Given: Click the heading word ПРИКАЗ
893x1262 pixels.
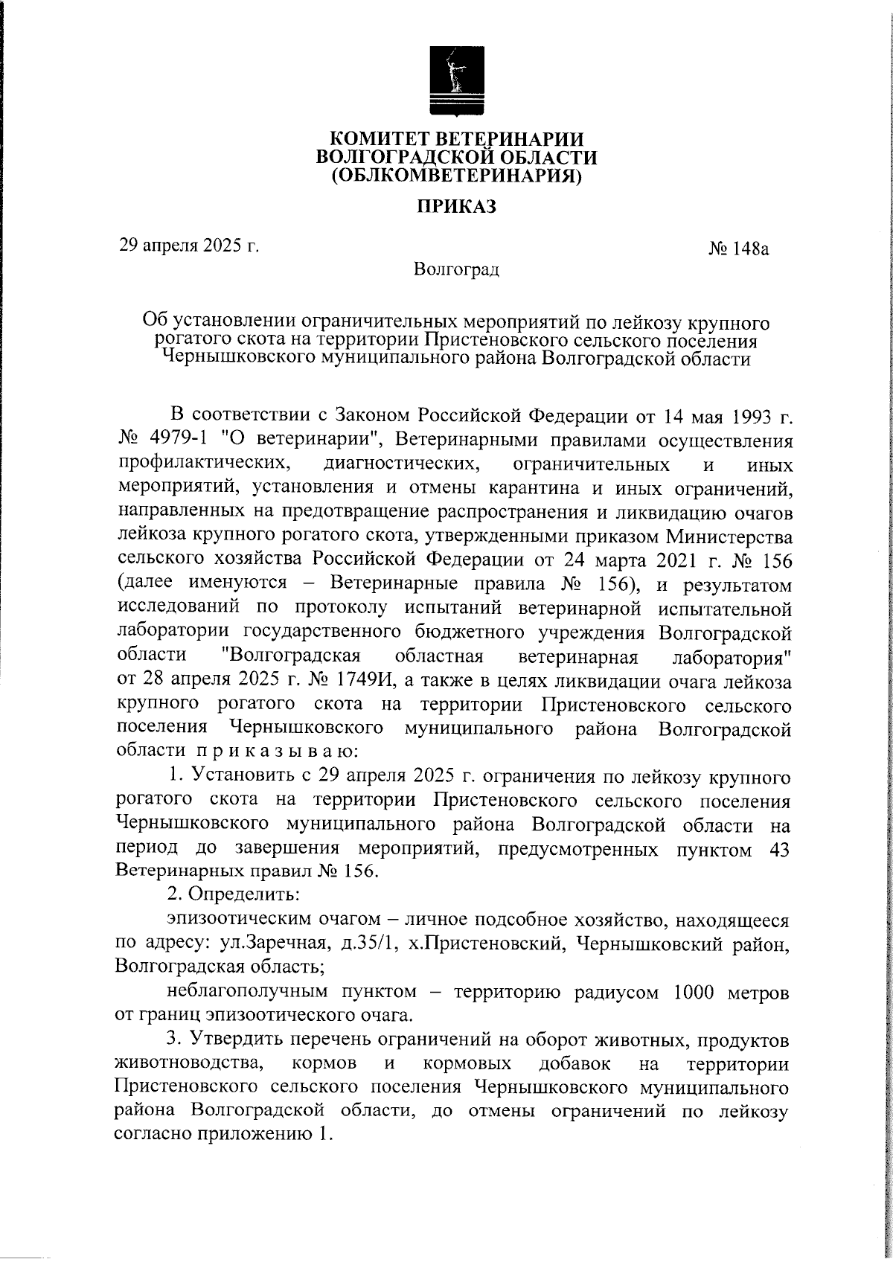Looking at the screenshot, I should (456, 206).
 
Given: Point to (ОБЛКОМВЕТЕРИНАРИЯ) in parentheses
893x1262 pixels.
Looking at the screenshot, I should (456, 176).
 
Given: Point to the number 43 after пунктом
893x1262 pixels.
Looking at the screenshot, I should (776, 850).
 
